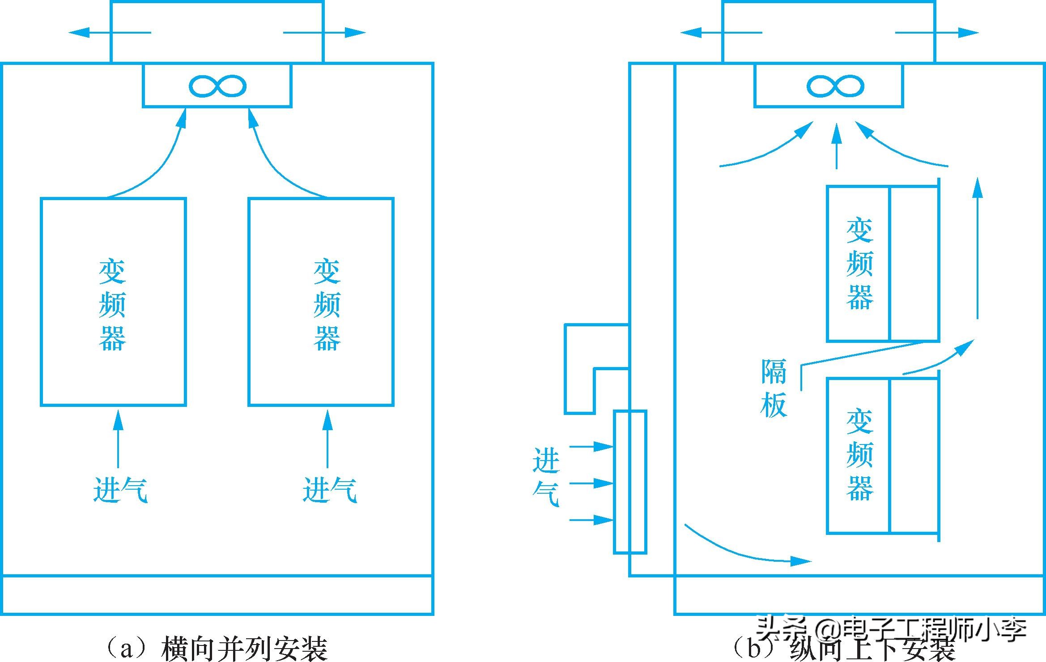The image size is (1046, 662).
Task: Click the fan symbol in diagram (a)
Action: coord(217,86)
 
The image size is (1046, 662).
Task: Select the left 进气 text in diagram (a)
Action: coord(120,490)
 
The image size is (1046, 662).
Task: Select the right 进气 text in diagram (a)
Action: coord(329,490)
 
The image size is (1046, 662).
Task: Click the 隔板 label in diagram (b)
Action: coord(774,389)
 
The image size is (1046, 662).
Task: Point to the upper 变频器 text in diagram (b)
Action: coord(859,264)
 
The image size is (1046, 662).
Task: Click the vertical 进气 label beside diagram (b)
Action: coord(546,477)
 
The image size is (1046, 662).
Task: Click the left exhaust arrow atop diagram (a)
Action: coord(110,32)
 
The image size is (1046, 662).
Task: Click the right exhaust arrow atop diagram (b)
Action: coord(937,32)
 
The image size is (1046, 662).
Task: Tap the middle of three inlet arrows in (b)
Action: coord(591,483)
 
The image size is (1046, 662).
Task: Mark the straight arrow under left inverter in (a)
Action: coord(118,439)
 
